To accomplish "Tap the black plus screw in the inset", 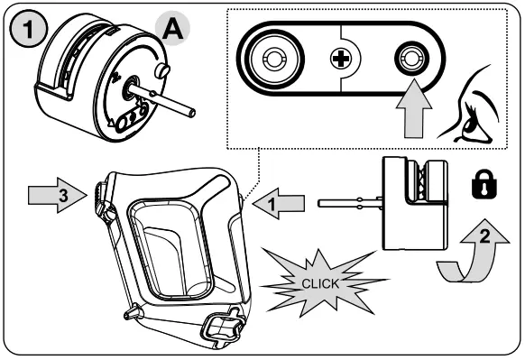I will pos(340,62).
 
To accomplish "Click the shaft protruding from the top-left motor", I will pos(171,100).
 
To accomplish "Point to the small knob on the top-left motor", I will pos(162,69).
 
